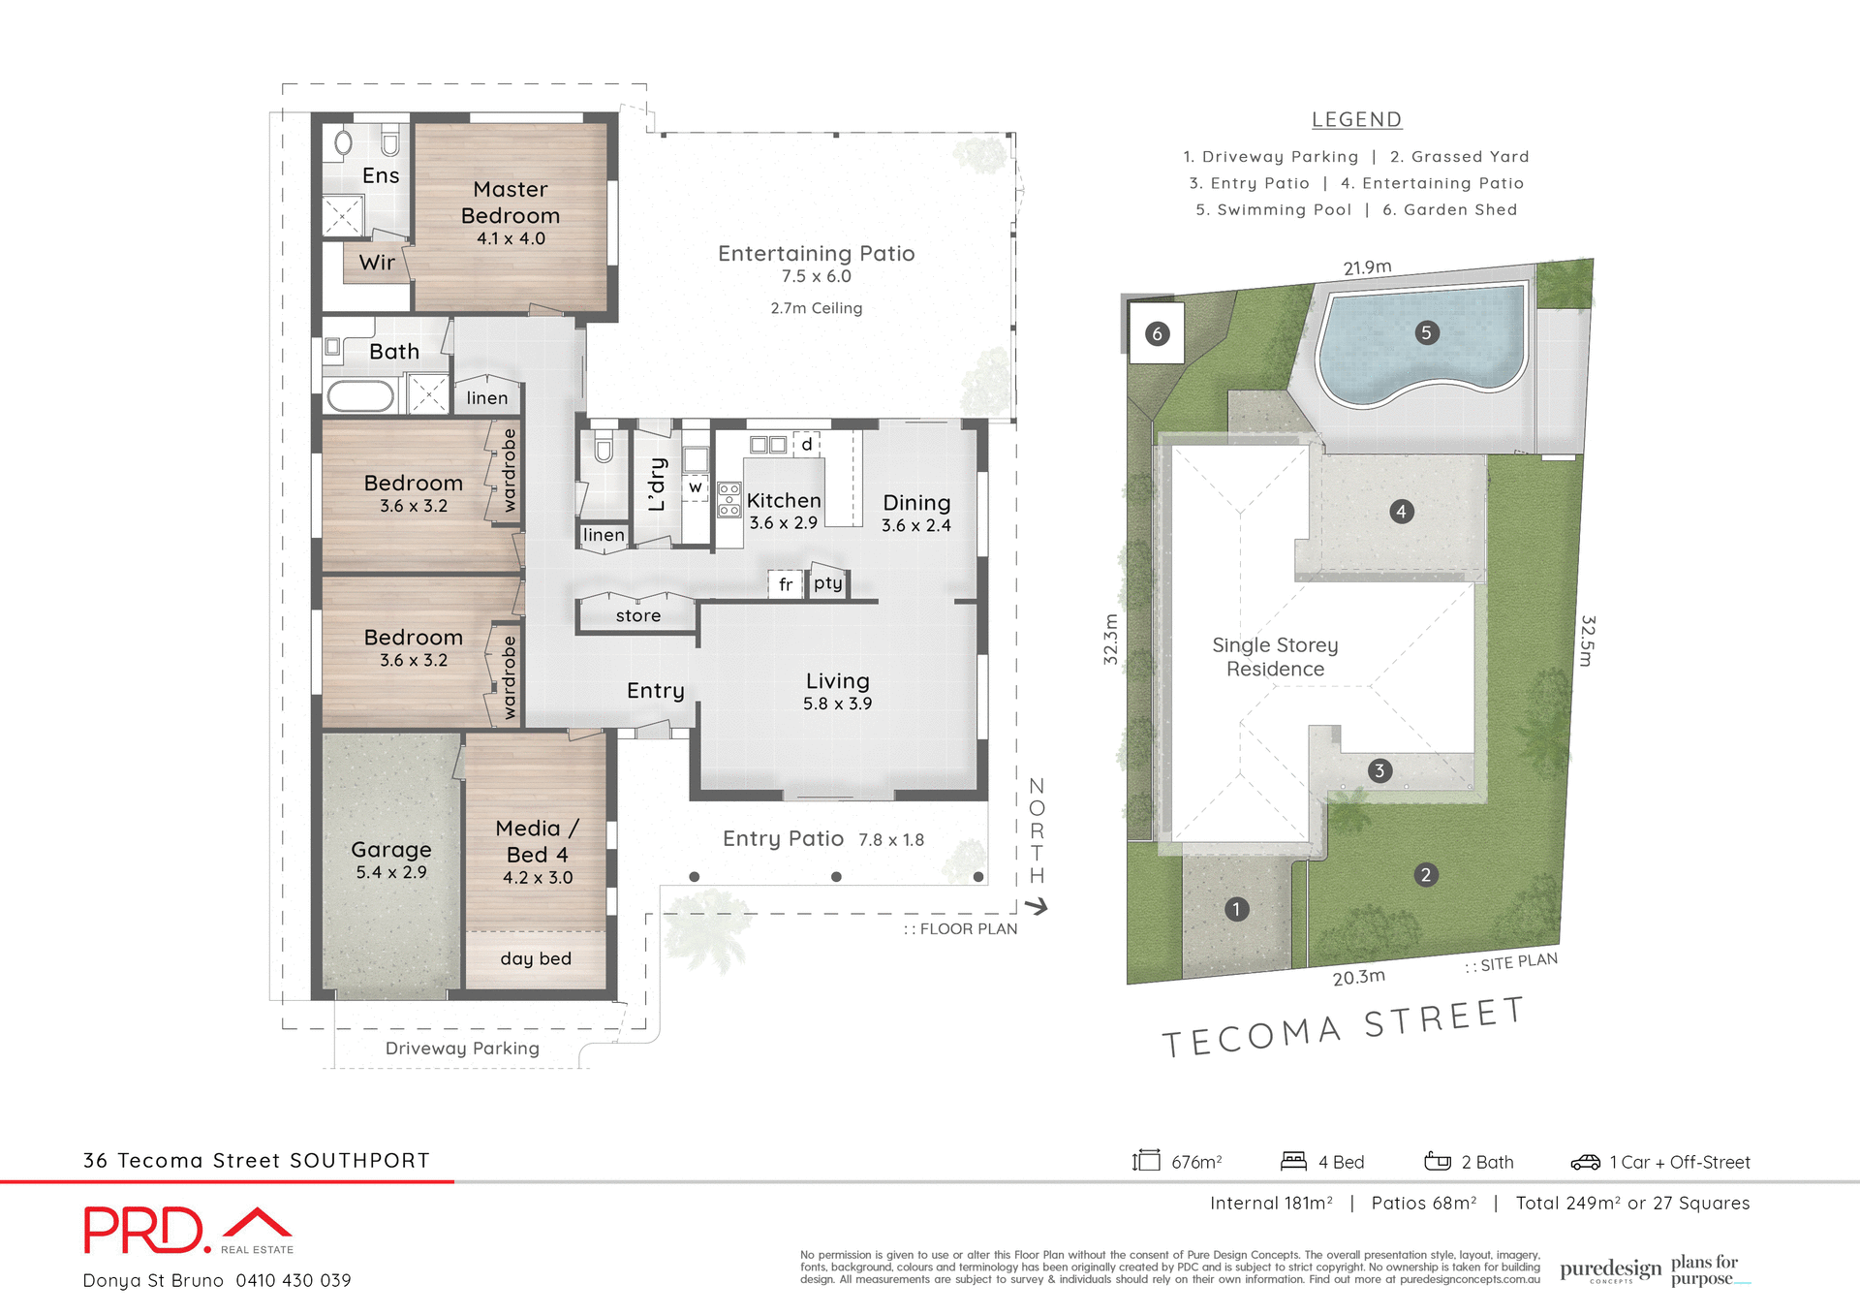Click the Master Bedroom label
pos(511,203)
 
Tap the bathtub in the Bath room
pos(360,396)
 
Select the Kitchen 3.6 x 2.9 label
pos(784,511)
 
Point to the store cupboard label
pos(637,615)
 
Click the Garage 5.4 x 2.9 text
pos(391,860)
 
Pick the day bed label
pos(536,958)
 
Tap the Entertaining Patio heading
pos(816,254)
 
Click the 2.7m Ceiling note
pos(816,308)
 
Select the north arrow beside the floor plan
pos(1037,907)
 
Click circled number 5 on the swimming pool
pos(1425,333)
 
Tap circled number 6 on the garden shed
pos(1157,334)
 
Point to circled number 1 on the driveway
pos(1236,909)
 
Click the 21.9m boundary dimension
pos(1367,267)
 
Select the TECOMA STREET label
pos(1343,1028)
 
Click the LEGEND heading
pos(1356,119)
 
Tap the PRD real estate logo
pos(188,1231)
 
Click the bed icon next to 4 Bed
pos(1293,1161)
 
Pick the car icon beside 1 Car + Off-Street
pos(1585,1162)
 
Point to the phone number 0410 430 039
pos(294,1280)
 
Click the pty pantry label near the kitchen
pos(827,582)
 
